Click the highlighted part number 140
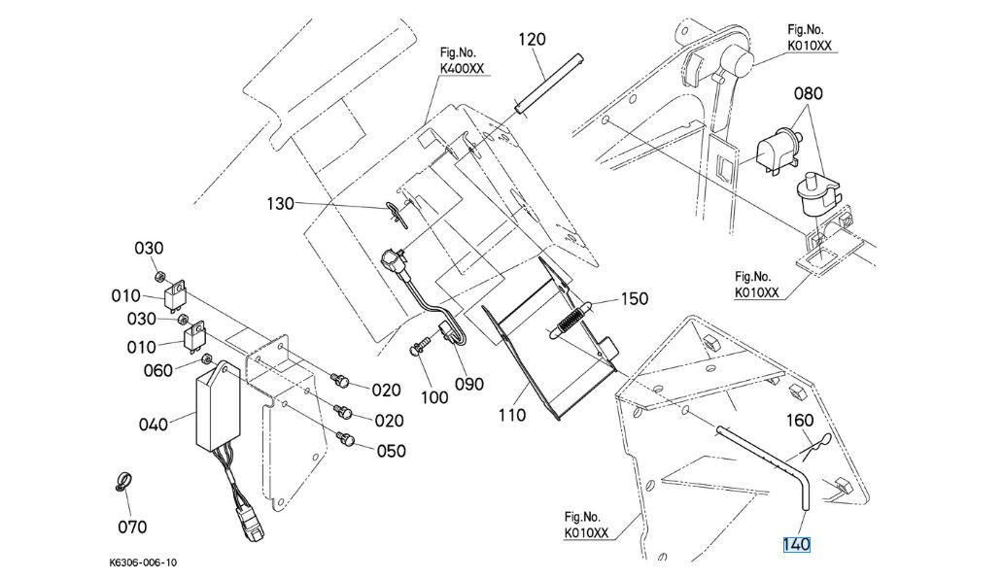click(x=796, y=545)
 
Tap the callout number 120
click(x=532, y=40)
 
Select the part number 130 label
click(x=281, y=204)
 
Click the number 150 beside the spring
click(x=634, y=299)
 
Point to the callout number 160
click(x=799, y=421)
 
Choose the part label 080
click(x=808, y=94)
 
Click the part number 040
click(x=154, y=424)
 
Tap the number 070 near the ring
click(x=132, y=528)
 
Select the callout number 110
click(x=511, y=415)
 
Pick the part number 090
click(x=469, y=384)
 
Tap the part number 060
click(x=159, y=369)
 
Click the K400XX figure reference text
click(x=462, y=69)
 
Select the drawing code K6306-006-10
click(x=144, y=563)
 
